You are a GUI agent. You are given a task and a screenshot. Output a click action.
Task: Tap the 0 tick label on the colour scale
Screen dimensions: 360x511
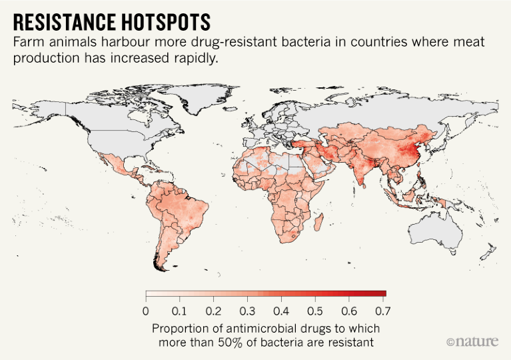[x=145, y=311]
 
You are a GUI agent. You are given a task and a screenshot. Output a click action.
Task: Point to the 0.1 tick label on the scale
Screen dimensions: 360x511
[x=179, y=311]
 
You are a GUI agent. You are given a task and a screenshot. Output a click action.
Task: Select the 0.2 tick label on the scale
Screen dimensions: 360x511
[x=213, y=311]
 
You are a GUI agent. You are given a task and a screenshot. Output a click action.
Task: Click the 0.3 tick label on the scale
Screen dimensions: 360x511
[x=248, y=311]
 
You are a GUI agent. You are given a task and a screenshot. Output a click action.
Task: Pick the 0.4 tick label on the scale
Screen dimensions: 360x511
[x=282, y=311]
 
